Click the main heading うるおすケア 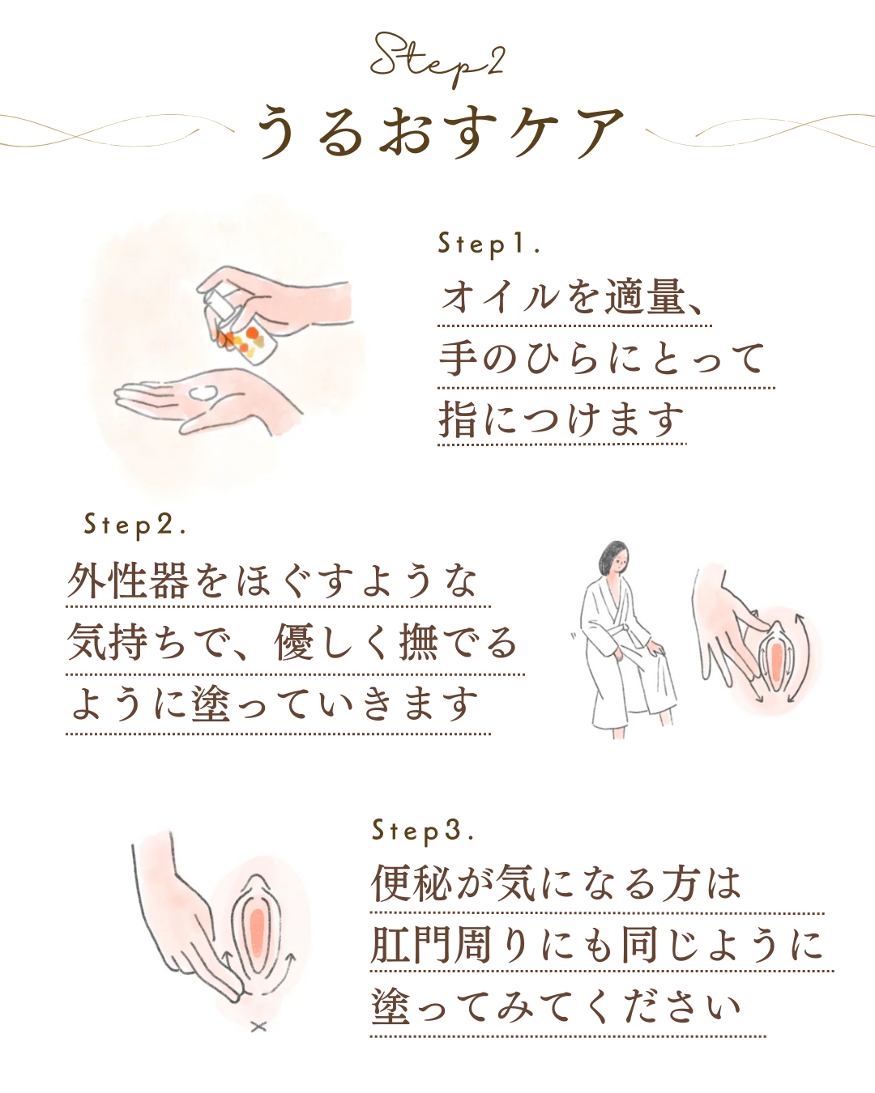[440, 132]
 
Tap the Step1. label [488, 245]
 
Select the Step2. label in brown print [134, 525]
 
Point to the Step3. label [422, 831]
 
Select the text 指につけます [561, 419]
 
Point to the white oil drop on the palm [203, 393]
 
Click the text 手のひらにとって [603, 358]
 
